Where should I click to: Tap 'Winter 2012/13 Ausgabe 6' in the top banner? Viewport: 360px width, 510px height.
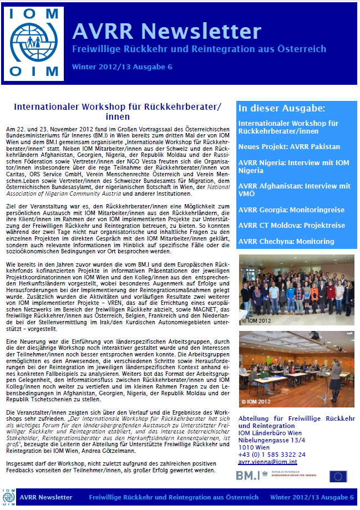[x=122, y=67]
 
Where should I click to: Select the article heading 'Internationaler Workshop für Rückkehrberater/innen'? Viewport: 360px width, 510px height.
[x=117, y=111]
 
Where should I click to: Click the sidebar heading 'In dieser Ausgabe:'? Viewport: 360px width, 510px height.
[x=281, y=108]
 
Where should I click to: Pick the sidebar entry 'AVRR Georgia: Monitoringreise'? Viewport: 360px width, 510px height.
[x=291, y=210]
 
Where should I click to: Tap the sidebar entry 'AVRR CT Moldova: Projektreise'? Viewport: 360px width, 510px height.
[x=291, y=226]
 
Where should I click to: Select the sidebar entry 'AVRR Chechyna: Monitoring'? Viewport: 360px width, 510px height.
[x=286, y=241]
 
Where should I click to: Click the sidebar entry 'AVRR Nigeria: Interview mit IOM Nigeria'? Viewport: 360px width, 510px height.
[x=294, y=166]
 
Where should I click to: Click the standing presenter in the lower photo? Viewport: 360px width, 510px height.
[x=336, y=377]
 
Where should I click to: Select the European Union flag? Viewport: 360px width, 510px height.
[x=338, y=476]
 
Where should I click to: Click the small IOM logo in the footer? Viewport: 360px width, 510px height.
[x=9, y=497]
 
